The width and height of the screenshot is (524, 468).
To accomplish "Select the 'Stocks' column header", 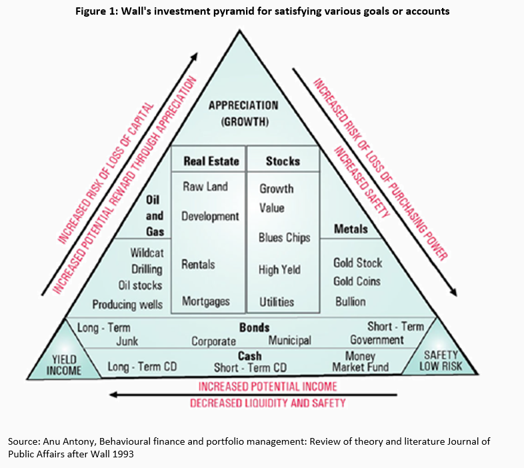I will point(283,161).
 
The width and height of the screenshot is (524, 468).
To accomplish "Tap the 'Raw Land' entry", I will point(205,187).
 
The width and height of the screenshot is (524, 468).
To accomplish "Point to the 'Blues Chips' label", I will point(285,237).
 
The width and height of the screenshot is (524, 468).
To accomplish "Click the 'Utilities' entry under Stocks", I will point(277,302).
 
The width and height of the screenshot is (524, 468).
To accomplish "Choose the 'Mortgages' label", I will point(206,301).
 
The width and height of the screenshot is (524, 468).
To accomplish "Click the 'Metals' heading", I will point(351,229).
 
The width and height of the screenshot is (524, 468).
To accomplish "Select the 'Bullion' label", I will point(350,301).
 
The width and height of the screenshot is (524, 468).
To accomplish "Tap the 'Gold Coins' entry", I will point(357,281).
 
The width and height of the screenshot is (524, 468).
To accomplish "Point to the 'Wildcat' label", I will point(147,253).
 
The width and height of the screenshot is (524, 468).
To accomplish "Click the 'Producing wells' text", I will point(127,304).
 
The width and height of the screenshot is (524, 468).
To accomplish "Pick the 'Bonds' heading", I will point(254,327).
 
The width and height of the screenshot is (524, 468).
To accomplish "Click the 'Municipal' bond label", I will point(289,341).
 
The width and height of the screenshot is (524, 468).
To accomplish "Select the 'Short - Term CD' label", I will point(250,368).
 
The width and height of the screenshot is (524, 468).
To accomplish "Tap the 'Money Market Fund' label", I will point(360,363).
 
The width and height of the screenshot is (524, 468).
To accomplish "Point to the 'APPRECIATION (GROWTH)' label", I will point(243,113).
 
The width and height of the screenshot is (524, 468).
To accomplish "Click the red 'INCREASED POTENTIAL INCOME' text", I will point(267,386).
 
